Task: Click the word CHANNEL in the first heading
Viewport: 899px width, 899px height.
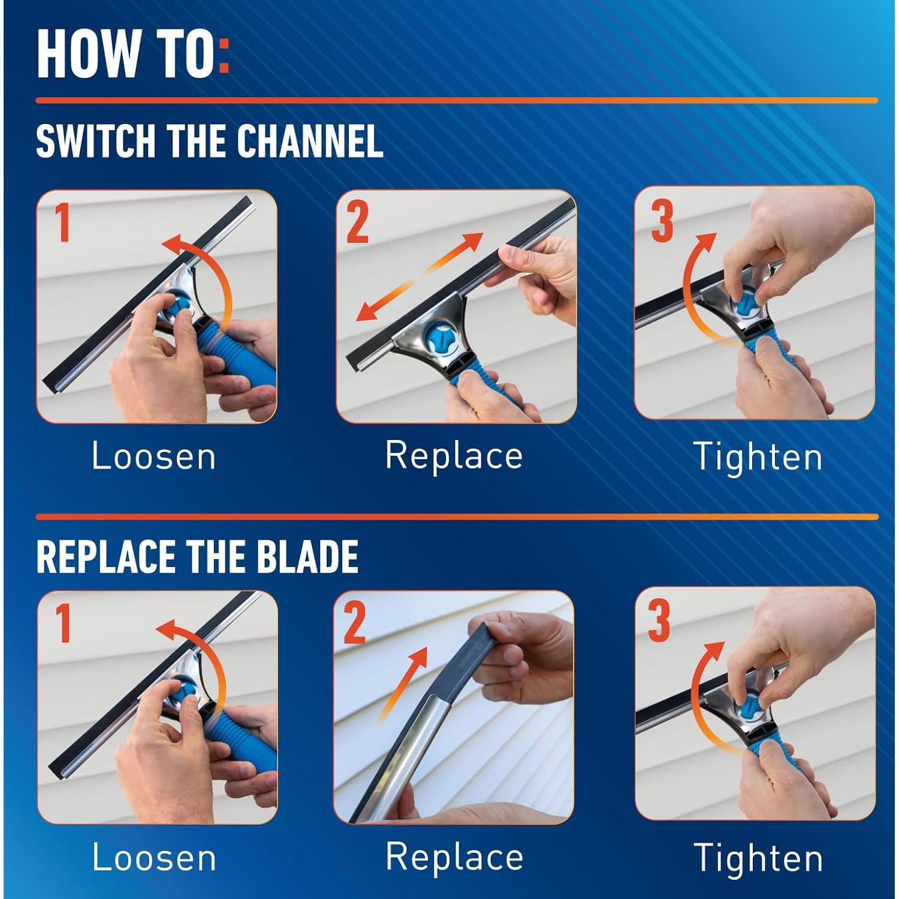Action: [x=310, y=141]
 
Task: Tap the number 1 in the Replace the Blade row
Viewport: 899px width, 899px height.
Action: [x=63, y=623]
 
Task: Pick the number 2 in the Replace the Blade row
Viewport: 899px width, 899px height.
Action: [x=355, y=623]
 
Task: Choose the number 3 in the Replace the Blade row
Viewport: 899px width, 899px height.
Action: [x=659, y=622]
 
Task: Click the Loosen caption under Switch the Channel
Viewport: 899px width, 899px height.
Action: [x=154, y=457]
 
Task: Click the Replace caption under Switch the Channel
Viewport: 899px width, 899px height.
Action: [x=454, y=455]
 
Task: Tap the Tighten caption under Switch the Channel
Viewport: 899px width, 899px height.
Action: [x=758, y=457]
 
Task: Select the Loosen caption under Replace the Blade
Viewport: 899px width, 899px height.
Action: [x=154, y=858]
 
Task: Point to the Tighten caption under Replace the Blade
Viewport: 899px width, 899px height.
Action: [x=758, y=858]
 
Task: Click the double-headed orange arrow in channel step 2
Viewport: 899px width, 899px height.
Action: [x=420, y=276]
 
